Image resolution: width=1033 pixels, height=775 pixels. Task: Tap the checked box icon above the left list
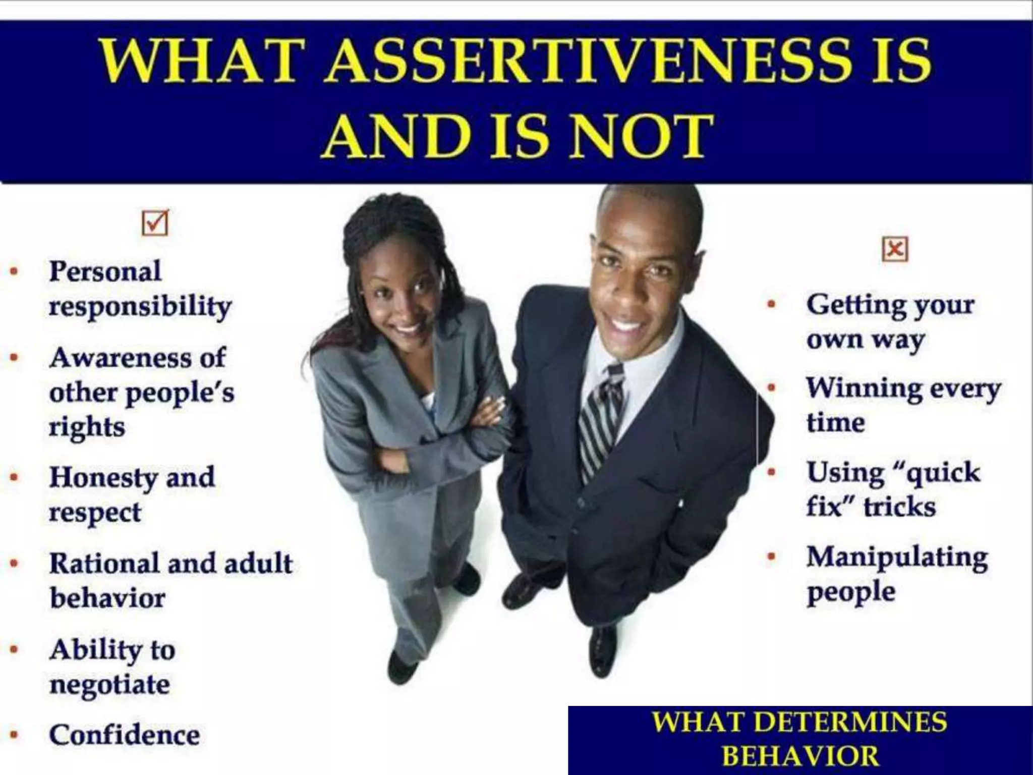(x=155, y=223)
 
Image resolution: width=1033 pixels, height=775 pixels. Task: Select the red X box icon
(x=895, y=249)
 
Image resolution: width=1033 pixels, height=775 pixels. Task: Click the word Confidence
(x=125, y=735)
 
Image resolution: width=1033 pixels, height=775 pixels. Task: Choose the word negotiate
(x=110, y=685)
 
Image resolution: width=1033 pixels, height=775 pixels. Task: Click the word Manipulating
(x=897, y=558)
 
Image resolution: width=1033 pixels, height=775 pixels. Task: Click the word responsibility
(x=140, y=306)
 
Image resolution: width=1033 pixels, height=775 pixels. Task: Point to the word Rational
(x=103, y=563)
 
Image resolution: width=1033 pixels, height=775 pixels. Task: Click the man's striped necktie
(x=600, y=414)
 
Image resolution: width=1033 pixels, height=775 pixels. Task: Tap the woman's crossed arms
(x=444, y=429)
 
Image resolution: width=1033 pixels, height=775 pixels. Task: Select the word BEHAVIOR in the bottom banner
(x=800, y=756)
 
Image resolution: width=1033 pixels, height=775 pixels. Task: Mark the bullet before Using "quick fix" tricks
(x=771, y=473)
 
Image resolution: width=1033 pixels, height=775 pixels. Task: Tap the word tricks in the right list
(x=900, y=507)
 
